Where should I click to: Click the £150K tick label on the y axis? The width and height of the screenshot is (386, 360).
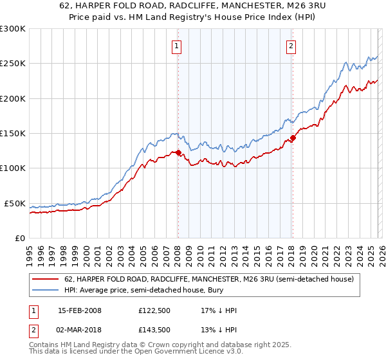(12, 134)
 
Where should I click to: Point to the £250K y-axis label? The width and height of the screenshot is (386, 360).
(12, 64)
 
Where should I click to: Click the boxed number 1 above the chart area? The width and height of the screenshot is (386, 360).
(176, 46)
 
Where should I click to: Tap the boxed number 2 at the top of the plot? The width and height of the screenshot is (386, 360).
(291, 46)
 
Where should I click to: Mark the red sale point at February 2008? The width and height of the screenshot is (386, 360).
(178, 152)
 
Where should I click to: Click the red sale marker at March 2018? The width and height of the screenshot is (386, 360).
(293, 138)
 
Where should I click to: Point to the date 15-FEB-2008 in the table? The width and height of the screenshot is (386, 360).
(79, 310)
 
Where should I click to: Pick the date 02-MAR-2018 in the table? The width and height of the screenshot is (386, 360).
(79, 330)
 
